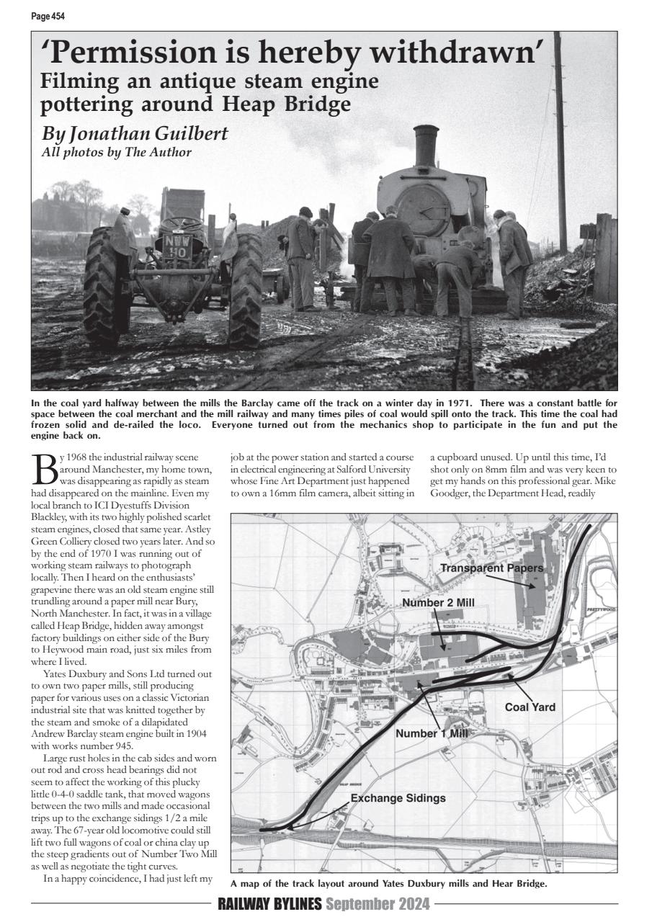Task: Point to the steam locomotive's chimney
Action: [x=426, y=145]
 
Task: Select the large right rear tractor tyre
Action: [x=246, y=288]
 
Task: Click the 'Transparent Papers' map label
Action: [x=491, y=568]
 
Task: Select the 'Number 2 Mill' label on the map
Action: [x=439, y=602]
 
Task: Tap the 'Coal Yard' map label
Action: [x=530, y=707]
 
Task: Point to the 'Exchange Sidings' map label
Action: [x=398, y=798]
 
